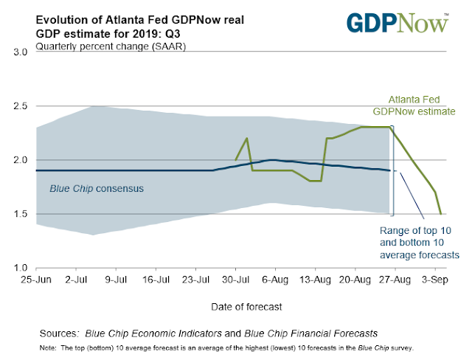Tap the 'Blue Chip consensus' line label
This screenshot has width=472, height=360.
pyautogui.click(x=96, y=188)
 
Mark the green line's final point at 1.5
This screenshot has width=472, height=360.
pyautogui.click(x=441, y=214)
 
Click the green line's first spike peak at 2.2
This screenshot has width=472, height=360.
pyautogui.click(x=246, y=138)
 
